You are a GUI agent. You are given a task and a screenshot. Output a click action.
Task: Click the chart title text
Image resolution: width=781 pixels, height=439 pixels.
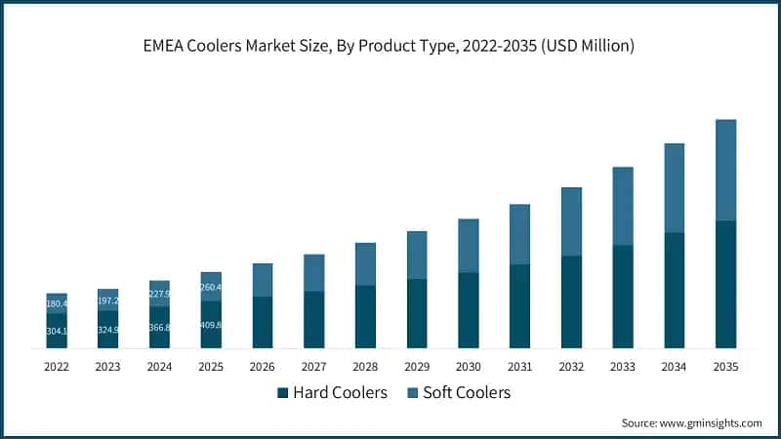pyautogui.click(x=390, y=45)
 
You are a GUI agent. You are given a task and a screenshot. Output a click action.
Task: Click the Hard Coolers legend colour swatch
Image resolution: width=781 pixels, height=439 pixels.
pyautogui.click(x=283, y=393)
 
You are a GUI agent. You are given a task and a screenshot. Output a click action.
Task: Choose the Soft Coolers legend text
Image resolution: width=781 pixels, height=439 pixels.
pyautogui.click(x=467, y=393)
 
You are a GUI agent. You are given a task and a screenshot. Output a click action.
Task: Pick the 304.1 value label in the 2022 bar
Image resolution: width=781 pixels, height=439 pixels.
pyautogui.click(x=57, y=331)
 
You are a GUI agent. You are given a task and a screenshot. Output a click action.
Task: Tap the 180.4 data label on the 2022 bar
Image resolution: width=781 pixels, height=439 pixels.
pyautogui.click(x=57, y=303)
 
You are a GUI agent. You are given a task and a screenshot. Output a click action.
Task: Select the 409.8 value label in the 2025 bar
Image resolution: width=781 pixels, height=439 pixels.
pyautogui.click(x=211, y=325)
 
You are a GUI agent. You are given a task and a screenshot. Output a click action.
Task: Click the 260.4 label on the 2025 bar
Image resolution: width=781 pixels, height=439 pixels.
pyautogui.click(x=211, y=287)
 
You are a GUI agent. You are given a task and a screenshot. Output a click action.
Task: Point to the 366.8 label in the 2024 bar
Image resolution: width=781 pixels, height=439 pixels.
pyautogui.click(x=160, y=328)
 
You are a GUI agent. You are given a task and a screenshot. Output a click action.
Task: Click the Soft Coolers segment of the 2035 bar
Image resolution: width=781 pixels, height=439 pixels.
pyautogui.click(x=725, y=171)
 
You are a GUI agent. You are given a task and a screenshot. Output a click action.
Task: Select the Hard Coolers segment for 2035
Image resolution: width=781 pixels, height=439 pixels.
pyautogui.click(x=725, y=285)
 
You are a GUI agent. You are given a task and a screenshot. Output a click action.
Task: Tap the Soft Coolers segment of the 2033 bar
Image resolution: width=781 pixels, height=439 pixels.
pyautogui.click(x=623, y=206)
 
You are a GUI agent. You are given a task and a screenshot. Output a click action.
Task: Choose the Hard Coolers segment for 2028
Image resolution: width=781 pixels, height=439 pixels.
pyautogui.click(x=365, y=317)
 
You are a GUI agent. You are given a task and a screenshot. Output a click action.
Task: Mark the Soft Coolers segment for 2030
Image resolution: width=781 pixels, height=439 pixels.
pyautogui.click(x=468, y=246)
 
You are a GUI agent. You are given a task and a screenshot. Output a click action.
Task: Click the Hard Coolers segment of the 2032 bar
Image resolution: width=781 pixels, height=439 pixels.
pyautogui.click(x=571, y=302)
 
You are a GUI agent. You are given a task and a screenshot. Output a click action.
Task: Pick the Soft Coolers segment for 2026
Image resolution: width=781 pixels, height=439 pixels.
pyautogui.click(x=263, y=280)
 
